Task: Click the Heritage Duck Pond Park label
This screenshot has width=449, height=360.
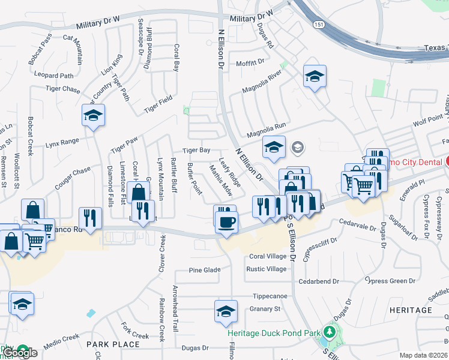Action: (x=273, y=332)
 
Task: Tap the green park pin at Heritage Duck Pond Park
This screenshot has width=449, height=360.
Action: (x=329, y=332)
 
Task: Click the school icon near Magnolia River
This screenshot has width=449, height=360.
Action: (x=315, y=77)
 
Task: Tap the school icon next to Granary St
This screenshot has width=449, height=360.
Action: (x=226, y=312)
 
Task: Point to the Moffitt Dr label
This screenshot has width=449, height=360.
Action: (x=250, y=62)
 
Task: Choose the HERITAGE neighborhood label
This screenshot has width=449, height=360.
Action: (x=411, y=310)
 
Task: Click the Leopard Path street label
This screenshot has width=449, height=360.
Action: (x=54, y=76)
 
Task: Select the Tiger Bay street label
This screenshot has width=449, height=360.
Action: (x=196, y=151)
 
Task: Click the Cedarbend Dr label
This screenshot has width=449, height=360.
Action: (x=319, y=281)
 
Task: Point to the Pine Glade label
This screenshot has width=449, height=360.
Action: (x=205, y=270)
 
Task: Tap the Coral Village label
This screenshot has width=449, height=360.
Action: (x=268, y=256)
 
